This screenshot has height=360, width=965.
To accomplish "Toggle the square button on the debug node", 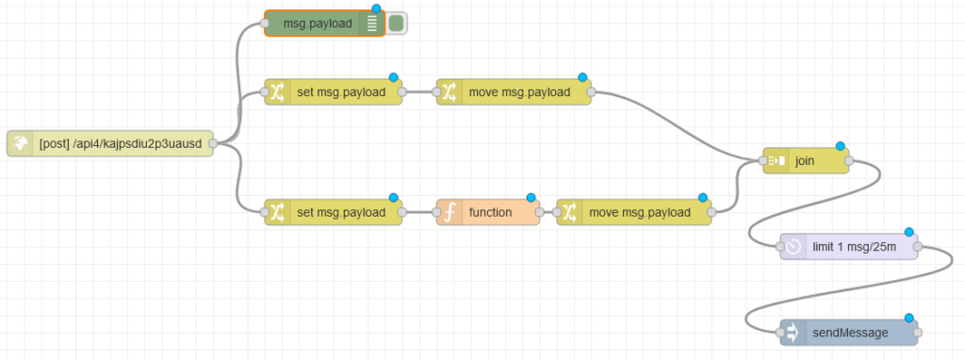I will click(397, 24).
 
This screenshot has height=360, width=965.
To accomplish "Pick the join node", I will click(806, 161).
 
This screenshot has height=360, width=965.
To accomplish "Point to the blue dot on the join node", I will click(841, 147).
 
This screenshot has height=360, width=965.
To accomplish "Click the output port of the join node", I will click(849, 161).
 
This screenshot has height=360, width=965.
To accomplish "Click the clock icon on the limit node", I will click(793, 246).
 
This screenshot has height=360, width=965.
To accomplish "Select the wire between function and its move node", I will click(548, 213).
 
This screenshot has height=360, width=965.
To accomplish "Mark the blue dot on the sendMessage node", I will click(909, 319).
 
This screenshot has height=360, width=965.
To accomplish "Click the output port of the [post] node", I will click(213, 143).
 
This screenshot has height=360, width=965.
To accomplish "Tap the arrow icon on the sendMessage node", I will click(793, 333).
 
